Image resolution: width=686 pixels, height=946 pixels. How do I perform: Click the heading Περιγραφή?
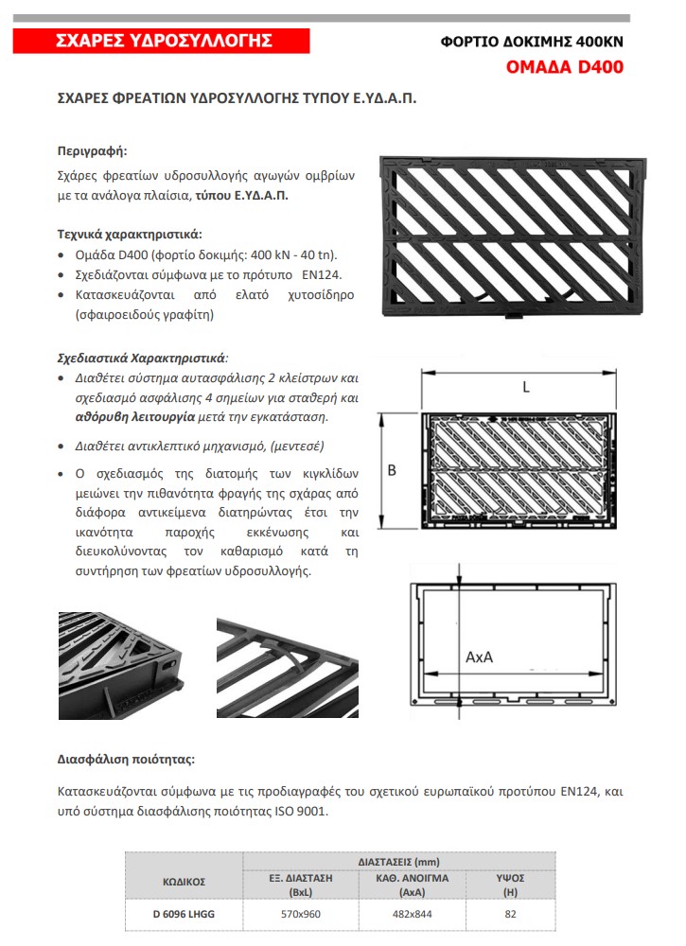click(x=92, y=150)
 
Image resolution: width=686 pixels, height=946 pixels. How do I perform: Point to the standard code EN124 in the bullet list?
click(x=323, y=275)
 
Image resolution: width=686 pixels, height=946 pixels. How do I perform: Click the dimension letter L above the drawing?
click(x=526, y=387)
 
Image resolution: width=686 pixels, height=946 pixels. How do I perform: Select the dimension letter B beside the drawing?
click(x=392, y=470)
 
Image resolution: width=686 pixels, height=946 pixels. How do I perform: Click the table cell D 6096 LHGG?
click(x=184, y=914)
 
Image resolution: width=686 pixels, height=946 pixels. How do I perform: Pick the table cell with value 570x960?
click(x=302, y=914)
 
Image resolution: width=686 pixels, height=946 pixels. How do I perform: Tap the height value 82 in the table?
click(x=510, y=914)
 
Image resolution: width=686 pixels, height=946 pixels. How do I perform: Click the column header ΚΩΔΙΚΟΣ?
click(x=184, y=882)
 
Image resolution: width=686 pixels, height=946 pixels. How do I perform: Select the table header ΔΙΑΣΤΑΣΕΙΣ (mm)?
click(x=398, y=862)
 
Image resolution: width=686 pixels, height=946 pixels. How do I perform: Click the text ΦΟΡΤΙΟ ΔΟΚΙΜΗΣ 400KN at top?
click(x=533, y=43)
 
